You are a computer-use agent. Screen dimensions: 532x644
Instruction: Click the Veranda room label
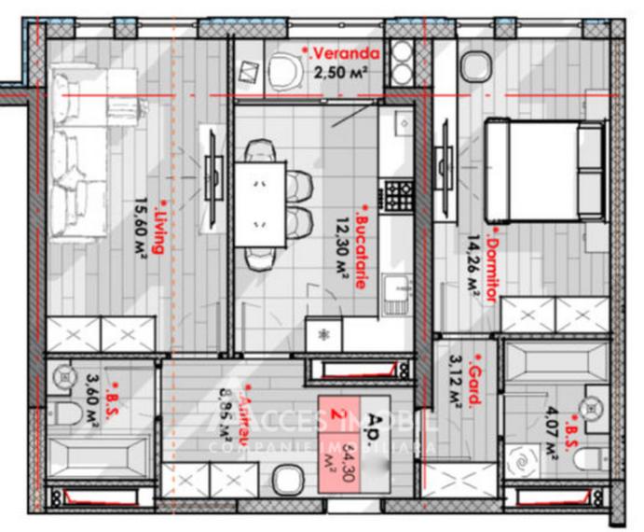(x=341, y=53)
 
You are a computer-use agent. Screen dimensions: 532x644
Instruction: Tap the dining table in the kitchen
(x=260, y=203)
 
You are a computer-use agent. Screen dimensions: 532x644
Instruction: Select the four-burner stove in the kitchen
(x=398, y=195)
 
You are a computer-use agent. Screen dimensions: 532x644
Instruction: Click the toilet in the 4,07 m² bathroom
(x=585, y=457)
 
